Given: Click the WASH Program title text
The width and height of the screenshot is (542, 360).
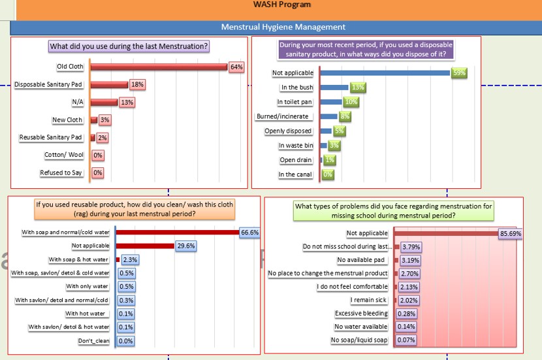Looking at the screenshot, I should (282, 5).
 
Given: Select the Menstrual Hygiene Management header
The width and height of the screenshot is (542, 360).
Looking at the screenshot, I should (283, 27).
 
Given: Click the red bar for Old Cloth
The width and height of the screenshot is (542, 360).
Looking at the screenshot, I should (159, 67).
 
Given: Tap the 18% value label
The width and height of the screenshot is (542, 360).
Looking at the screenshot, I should (137, 84).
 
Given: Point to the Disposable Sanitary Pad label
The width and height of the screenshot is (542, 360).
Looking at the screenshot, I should (48, 84).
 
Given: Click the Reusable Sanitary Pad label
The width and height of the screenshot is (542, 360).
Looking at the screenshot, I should (50, 137).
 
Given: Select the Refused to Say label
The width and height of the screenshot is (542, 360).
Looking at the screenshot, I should (61, 173).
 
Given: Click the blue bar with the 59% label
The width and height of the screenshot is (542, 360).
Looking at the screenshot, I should (385, 73).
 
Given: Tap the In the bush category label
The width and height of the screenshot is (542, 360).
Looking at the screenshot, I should (297, 88).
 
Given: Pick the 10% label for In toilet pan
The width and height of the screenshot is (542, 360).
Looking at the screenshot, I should (351, 102).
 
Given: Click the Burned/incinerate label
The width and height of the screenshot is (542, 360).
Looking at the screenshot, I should (284, 116).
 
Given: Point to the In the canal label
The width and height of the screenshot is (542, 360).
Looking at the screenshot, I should (295, 174).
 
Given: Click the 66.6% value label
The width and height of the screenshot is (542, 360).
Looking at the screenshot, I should (250, 232).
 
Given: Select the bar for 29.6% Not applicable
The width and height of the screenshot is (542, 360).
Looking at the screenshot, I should (145, 246).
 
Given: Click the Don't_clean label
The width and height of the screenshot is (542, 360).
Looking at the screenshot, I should (93, 341).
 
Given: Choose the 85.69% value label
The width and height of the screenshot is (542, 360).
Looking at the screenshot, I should (511, 233).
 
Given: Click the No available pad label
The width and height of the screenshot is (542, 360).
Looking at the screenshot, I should (362, 260).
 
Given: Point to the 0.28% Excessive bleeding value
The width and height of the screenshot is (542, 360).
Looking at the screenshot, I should (406, 314).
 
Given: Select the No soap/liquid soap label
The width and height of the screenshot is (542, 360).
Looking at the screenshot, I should (359, 340).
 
